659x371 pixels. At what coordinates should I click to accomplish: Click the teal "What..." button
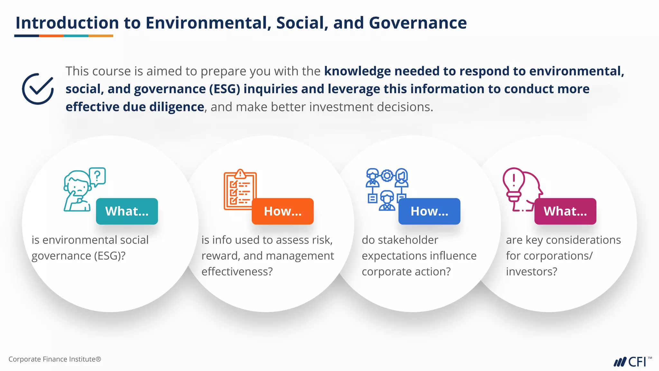click(127, 211)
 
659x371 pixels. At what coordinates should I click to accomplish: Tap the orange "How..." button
click(283, 211)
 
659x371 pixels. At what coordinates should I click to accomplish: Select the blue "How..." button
click(429, 211)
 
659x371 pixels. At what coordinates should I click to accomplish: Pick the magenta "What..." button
click(565, 211)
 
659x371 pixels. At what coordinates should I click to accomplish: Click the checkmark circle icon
click(38, 89)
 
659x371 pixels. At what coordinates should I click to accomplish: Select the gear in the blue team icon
click(387, 176)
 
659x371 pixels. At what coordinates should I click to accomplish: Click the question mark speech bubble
click(97, 176)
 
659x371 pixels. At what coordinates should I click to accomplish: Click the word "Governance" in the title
click(418, 23)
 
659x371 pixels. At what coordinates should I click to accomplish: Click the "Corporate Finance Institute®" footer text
click(55, 359)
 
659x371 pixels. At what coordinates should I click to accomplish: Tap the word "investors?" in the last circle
click(531, 271)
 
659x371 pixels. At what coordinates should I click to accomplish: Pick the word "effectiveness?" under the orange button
click(237, 271)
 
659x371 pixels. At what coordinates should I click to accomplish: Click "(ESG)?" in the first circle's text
click(109, 256)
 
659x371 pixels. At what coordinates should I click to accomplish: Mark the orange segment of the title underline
click(51, 36)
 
